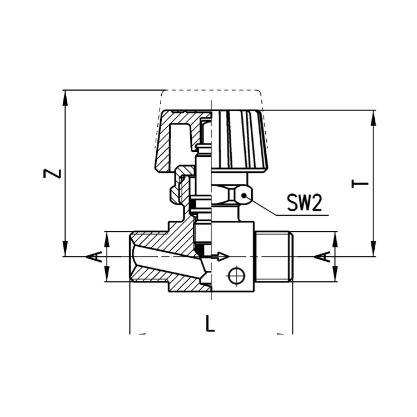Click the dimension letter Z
click(x=52, y=173)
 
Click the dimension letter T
click(x=360, y=184)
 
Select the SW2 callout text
click(x=305, y=202)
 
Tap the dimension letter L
click(x=210, y=323)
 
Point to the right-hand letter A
click(x=322, y=257)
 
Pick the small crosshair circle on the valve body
click(x=236, y=276)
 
